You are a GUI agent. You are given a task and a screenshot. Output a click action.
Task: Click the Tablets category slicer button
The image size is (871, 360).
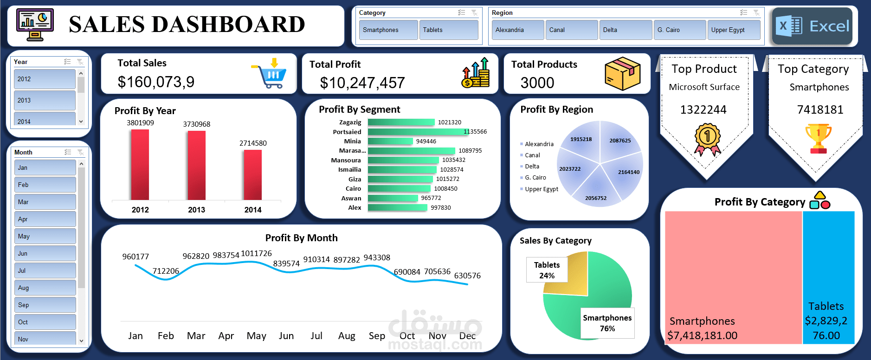coord(448,30)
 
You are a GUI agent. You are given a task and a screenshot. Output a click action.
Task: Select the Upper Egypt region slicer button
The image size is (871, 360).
coord(733,30)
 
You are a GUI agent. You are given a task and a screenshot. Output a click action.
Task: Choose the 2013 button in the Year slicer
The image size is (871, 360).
coord(44,100)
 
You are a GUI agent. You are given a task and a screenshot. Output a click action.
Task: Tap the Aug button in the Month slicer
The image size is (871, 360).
coord(45,288)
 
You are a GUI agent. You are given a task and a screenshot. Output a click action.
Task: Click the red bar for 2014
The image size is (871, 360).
coord(253,175)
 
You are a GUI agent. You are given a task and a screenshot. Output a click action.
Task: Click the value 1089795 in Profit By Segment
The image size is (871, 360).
coord(470,151)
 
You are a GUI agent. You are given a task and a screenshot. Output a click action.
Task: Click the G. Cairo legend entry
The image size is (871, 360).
coord(535,178)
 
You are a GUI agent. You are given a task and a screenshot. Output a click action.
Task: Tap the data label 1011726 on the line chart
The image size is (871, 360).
coord(256,253)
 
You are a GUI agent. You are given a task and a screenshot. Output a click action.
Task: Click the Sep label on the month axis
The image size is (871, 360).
coord(377,336)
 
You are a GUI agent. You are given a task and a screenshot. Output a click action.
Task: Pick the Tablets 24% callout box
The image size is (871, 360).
coord(547,270)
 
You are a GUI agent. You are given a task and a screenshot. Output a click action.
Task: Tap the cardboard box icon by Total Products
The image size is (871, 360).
coord(622,74)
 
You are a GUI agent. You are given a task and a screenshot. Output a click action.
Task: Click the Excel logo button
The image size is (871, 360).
coord(813,26)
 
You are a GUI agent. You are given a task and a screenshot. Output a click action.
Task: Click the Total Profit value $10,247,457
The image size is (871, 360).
coord(362,83)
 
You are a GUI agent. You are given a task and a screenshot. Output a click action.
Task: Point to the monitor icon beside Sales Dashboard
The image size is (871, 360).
coord(35,25)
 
